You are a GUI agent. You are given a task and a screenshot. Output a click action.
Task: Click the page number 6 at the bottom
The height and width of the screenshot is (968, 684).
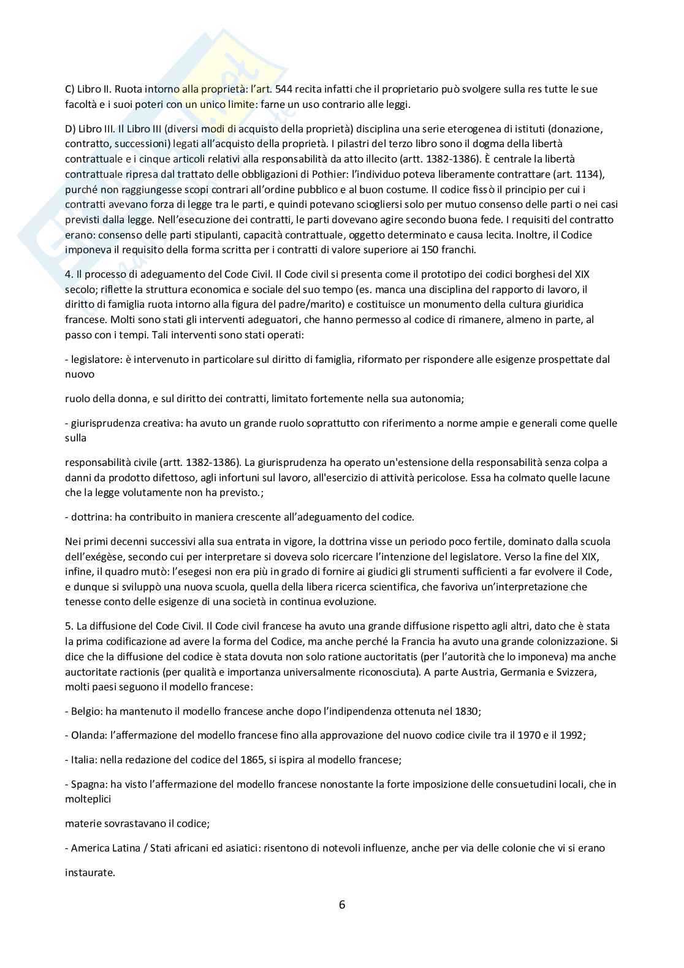click(x=342, y=904)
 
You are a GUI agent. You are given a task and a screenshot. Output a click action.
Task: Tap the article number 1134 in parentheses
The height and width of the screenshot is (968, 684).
click(x=587, y=174)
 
